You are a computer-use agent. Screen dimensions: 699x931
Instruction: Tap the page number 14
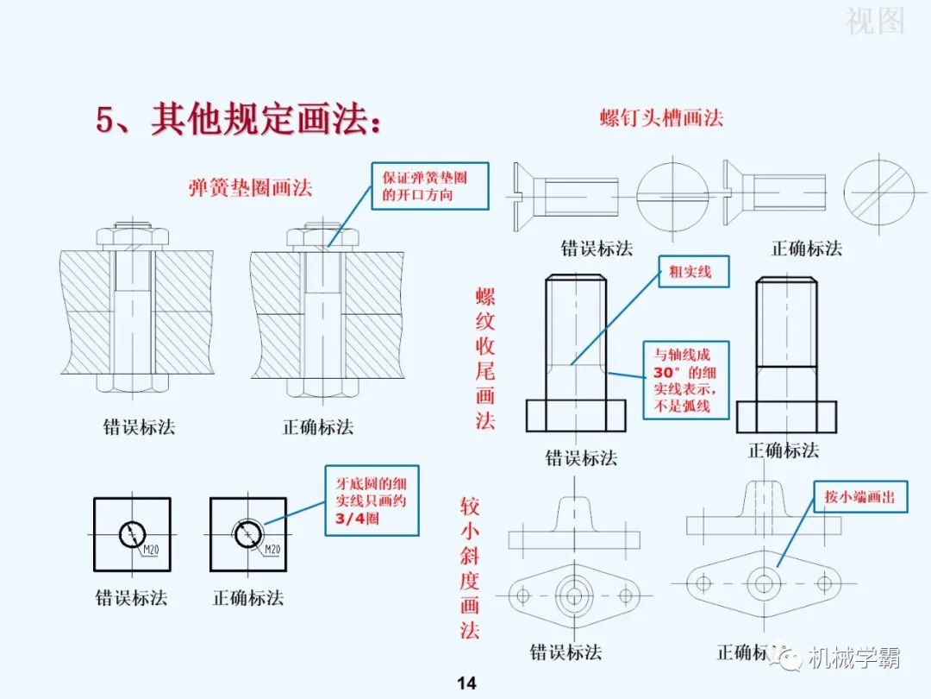pos(465,683)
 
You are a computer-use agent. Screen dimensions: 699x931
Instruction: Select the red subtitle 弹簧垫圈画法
pos(250,187)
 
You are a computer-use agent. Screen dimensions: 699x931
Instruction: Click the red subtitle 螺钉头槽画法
pos(661,118)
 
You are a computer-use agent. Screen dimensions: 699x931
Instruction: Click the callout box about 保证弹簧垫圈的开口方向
pos(429,186)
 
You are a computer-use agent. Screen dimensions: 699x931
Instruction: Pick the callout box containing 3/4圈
pos(371,501)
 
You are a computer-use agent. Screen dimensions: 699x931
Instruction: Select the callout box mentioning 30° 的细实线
pos(685,380)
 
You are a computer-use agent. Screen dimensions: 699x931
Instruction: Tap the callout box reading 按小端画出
pos(859,498)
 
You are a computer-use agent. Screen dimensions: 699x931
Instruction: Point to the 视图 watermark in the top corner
pos(874,21)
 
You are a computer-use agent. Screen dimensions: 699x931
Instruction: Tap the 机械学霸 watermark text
pos(853,658)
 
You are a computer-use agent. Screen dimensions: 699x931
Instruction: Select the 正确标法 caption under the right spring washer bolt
pos(318,426)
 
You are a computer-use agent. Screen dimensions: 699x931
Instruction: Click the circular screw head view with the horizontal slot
pos(672,192)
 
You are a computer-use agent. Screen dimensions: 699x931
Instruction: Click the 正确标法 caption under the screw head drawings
pos(806,249)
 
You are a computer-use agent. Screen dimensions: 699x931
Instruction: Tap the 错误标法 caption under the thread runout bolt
pos(580,457)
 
